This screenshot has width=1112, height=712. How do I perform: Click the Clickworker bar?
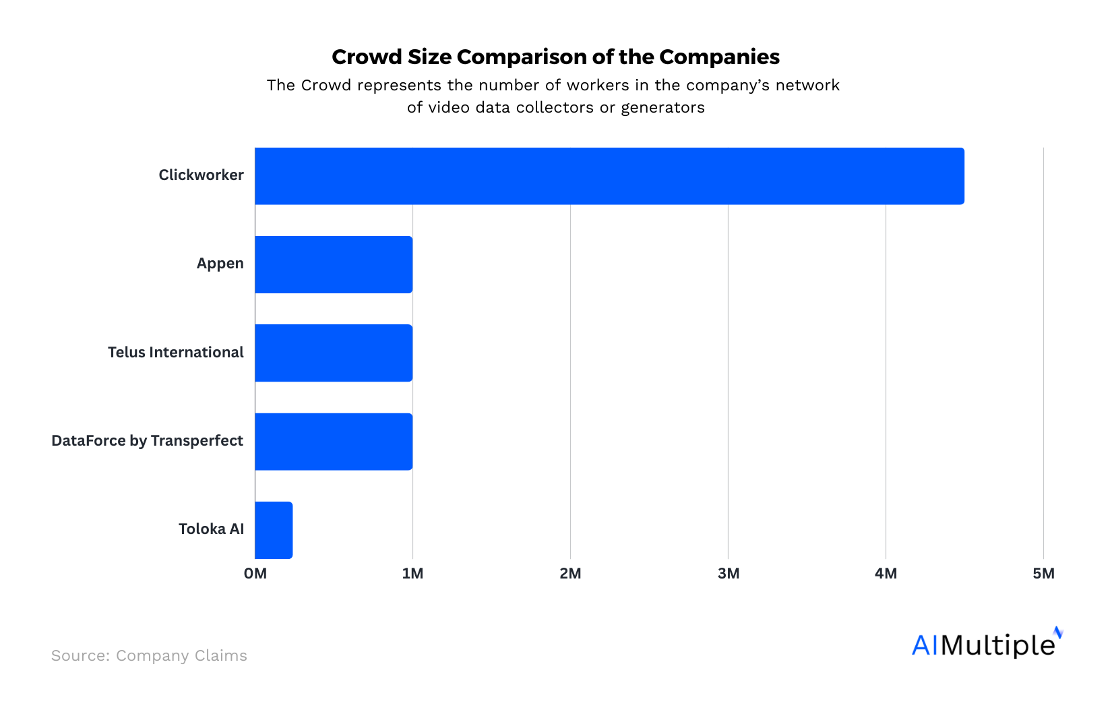pos(609,176)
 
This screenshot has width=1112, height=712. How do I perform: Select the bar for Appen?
pos(334,264)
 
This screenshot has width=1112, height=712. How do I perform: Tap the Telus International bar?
pos(334,353)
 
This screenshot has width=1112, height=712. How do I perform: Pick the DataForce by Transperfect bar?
pos(334,442)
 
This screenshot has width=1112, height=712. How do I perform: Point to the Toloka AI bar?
pos(274,530)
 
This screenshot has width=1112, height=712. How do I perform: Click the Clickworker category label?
pos(201,175)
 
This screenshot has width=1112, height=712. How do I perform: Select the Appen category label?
pos(220,264)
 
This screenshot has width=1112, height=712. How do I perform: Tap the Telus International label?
pos(175,353)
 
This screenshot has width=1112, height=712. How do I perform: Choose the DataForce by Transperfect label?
pos(147,441)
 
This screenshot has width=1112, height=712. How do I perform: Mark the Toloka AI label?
pos(211,529)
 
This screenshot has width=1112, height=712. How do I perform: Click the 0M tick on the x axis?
pos(255,574)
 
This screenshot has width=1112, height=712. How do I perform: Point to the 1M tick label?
pos(412,574)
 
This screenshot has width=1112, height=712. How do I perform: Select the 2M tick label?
pos(570,574)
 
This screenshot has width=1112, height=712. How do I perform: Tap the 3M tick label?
pos(728,574)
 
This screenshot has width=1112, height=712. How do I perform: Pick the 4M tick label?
pos(886,574)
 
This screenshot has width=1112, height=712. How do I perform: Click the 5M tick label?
pos(1043,574)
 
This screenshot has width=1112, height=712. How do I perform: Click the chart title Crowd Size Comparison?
pos(555,57)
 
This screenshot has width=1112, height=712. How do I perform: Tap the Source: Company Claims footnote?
pos(149,656)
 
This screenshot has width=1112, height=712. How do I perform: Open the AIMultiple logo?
pos(986,644)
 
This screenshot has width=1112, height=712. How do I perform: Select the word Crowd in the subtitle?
pos(326,86)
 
